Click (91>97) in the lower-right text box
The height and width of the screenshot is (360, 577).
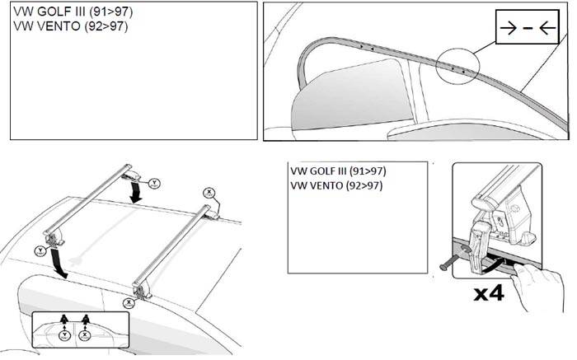pyautogui.click(x=367, y=171)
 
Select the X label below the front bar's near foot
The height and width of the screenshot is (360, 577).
pyautogui.click(x=129, y=302)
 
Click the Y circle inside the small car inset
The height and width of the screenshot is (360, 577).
pyautogui.click(x=63, y=334)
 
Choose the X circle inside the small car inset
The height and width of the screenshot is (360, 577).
pyautogui.click(x=84, y=334)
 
